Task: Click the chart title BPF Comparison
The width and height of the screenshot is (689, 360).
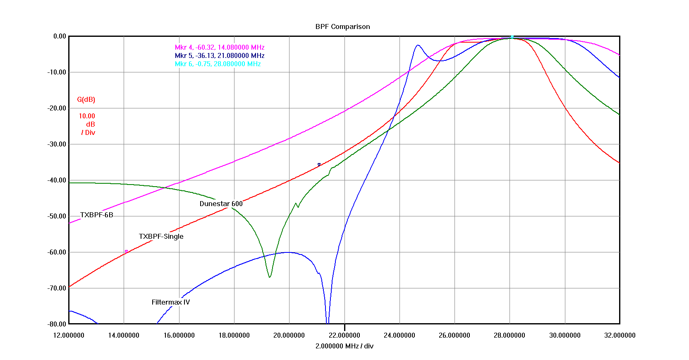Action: point(342,26)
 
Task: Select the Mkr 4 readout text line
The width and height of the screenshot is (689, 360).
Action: point(219,48)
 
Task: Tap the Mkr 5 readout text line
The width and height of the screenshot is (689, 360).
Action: point(219,56)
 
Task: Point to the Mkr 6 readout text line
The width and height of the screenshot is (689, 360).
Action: point(218,64)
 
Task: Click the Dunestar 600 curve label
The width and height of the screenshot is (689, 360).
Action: point(221,204)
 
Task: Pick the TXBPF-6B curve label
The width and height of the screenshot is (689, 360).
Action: point(96,215)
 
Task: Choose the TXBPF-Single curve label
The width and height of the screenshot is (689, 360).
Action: point(161,237)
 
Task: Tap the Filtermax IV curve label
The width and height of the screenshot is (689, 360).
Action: point(170,302)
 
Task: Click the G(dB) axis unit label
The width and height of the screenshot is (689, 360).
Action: point(86,100)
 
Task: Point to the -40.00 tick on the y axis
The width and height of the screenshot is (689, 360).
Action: point(56,180)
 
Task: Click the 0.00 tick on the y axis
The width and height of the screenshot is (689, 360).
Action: point(60,36)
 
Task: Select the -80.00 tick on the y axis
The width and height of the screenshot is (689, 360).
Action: point(56,324)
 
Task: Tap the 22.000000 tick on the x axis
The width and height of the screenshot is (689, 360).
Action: point(344,336)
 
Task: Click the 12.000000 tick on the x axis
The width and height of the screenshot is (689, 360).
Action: point(69,336)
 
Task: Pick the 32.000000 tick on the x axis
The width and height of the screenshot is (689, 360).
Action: point(620,336)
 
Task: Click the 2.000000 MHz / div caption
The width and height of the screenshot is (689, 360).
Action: point(344,346)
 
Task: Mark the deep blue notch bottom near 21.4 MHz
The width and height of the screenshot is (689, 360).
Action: point(328,322)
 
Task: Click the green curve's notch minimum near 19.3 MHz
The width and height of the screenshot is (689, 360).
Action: point(270,277)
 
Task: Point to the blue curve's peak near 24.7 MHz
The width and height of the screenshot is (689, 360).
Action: point(418,45)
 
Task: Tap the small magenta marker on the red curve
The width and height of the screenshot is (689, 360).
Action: point(126,252)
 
